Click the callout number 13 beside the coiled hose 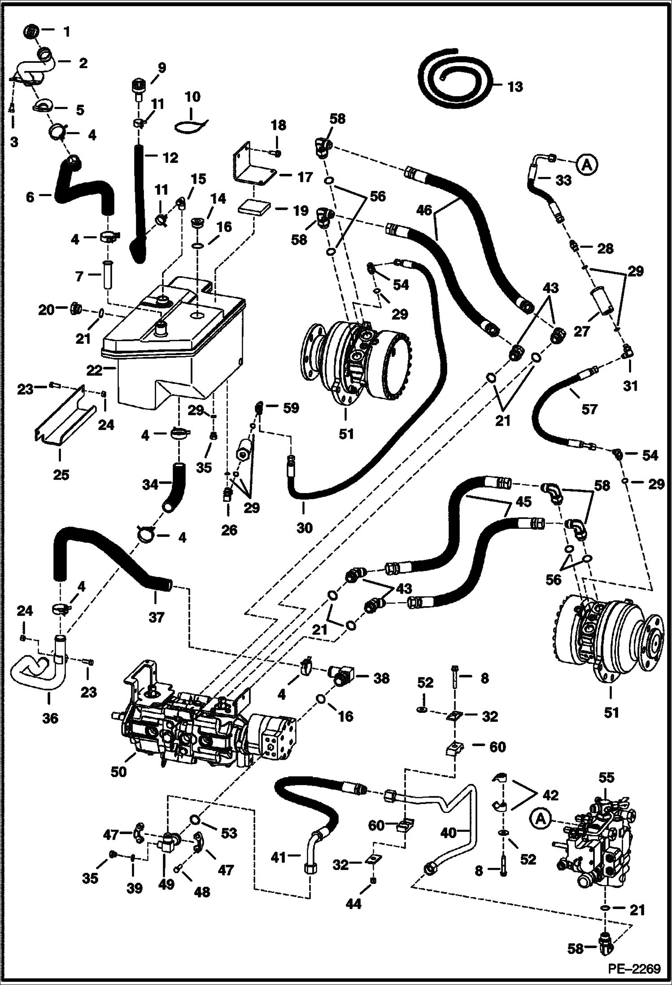click(515, 86)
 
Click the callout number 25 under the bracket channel click(61, 474)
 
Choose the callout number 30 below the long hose click(304, 528)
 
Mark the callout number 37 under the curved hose click(156, 618)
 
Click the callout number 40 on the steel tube click(449, 833)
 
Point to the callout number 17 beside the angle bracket click(305, 177)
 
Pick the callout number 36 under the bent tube click(50, 718)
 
